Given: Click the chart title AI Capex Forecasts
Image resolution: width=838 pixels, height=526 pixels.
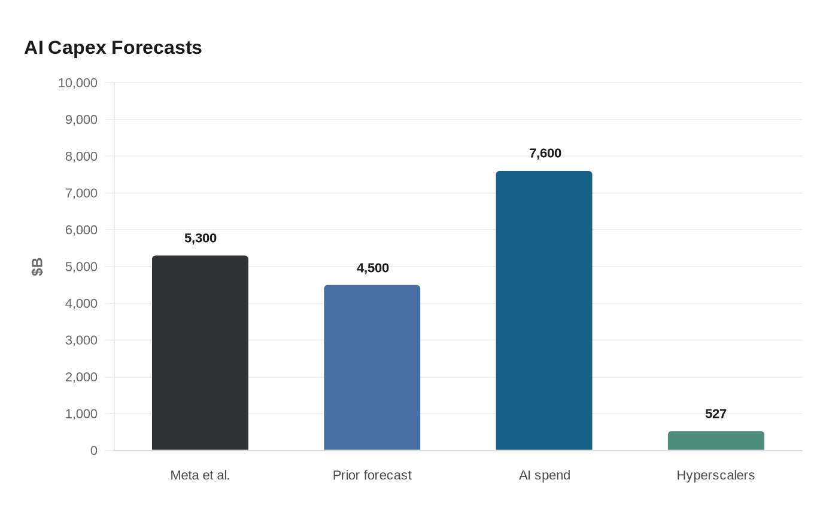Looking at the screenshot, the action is [113, 48].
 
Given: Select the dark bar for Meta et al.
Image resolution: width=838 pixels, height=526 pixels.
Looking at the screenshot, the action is [200, 353].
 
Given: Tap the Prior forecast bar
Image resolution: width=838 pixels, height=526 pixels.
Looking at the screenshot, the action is [372, 368].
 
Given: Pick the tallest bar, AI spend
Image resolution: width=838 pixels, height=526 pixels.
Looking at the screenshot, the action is [544, 310].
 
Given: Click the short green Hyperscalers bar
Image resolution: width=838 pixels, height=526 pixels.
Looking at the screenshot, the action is [716, 441].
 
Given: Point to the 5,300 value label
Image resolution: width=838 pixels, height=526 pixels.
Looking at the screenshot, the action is [200, 238].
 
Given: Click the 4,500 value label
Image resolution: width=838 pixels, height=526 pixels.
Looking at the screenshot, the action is [372, 268].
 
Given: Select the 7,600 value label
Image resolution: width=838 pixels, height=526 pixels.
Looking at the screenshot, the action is [545, 153].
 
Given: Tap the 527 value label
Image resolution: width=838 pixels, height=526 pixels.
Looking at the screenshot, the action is [716, 414].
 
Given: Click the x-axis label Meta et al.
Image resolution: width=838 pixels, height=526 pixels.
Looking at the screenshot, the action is [200, 475].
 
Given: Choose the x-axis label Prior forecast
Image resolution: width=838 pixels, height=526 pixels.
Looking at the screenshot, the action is [372, 475].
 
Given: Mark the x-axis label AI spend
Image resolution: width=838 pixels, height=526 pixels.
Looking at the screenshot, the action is [545, 475].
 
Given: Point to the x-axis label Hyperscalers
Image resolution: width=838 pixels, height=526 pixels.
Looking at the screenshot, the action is [716, 475].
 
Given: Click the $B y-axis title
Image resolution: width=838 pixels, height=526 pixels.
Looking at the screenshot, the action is [37, 267].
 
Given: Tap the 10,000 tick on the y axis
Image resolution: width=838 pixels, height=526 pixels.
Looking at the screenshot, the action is [77, 83].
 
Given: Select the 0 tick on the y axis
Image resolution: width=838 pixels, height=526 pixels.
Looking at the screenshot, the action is [93, 451].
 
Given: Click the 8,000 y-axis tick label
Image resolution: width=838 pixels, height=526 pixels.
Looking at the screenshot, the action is [81, 157].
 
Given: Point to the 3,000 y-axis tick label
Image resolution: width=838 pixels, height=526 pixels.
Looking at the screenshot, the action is [81, 340].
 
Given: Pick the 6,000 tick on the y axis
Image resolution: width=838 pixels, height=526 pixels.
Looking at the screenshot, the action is [81, 230].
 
